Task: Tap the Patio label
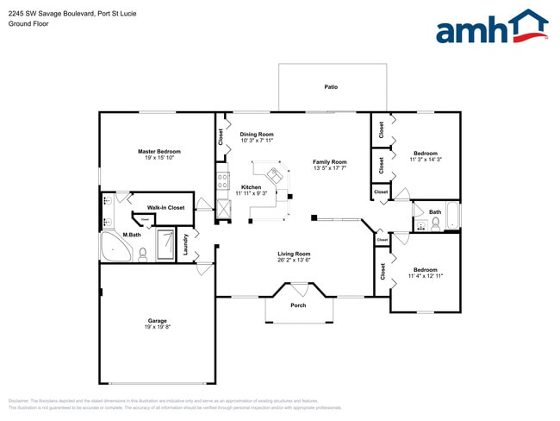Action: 331,87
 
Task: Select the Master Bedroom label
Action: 159,151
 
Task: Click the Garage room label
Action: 157,320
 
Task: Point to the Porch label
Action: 298,305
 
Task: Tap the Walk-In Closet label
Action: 165,208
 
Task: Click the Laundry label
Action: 185,245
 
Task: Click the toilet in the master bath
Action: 143,253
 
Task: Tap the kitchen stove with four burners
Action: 223,181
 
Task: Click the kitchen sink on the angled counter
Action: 277,175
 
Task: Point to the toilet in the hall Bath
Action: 436,223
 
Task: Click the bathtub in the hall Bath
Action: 452,217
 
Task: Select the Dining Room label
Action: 257,135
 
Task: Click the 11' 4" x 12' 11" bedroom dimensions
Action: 425,276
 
